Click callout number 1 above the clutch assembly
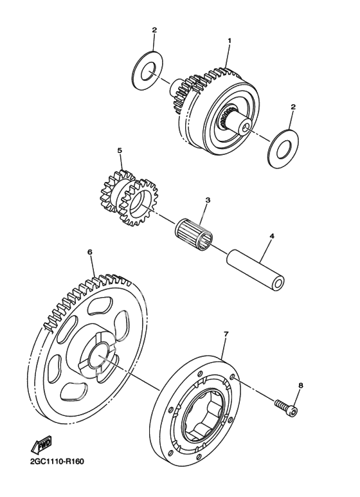pyautogui.click(x=229, y=41)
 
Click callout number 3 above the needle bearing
pyautogui.click(x=208, y=200)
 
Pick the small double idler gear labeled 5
pyautogui.click(x=129, y=198)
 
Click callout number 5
pyautogui.click(x=120, y=150)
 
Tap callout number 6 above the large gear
pyautogui.click(x=90, y=252)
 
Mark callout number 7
pyautogui.click(x=226, y=334)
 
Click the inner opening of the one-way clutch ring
pyautogui.click(x=203, y=416)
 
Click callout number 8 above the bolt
pyautogui.click(x=301, y=385)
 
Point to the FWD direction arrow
pyautogui.click(x=41, y=446)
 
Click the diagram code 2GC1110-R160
pyautogui.click(x=57, y=461)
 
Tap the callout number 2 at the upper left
pyautogui.click(x=154, y=30)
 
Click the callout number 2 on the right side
pyautogui.click(x=293, y=107)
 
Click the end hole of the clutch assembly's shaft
pyautogui.click(x=245, y=127)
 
